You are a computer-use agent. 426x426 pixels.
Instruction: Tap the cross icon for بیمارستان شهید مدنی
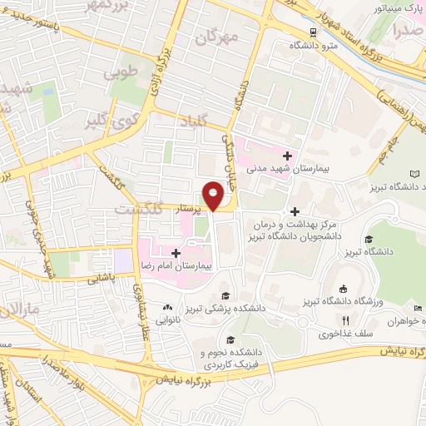(x=288, y=156)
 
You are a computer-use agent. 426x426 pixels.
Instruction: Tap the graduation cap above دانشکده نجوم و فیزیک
(x=229, y=340)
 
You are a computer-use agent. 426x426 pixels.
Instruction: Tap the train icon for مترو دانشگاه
(x=313, y=32)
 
